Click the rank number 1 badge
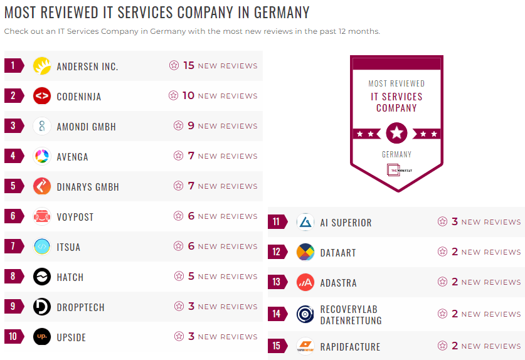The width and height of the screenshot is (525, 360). point(13,66)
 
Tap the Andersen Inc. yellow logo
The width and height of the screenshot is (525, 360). point(42,66)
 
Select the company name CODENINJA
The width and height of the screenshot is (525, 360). point(79,97)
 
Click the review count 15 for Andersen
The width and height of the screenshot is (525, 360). point(189,65)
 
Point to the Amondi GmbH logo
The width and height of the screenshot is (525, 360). point(42,126)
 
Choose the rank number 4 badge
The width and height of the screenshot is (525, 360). point(13,156)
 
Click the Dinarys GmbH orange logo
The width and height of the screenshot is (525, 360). point(42,186)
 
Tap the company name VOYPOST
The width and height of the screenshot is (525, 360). point(75,217)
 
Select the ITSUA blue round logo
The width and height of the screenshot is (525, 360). point(42,246)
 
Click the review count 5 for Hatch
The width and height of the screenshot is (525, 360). point(191,276)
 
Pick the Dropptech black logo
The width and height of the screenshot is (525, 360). point(42,307)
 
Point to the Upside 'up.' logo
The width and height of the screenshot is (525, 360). point(42,337)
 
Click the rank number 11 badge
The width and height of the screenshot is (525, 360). point(277,222)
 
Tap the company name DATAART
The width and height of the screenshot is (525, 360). point(338,253)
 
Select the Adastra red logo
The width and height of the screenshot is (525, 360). point(305,282)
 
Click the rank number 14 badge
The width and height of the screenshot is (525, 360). point(277,314)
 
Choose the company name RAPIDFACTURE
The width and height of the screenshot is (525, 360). point(351,347)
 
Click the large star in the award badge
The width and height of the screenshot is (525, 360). point(396,133)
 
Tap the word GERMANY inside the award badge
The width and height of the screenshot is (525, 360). point(396,154)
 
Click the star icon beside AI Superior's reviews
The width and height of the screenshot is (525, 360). point(443,221)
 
